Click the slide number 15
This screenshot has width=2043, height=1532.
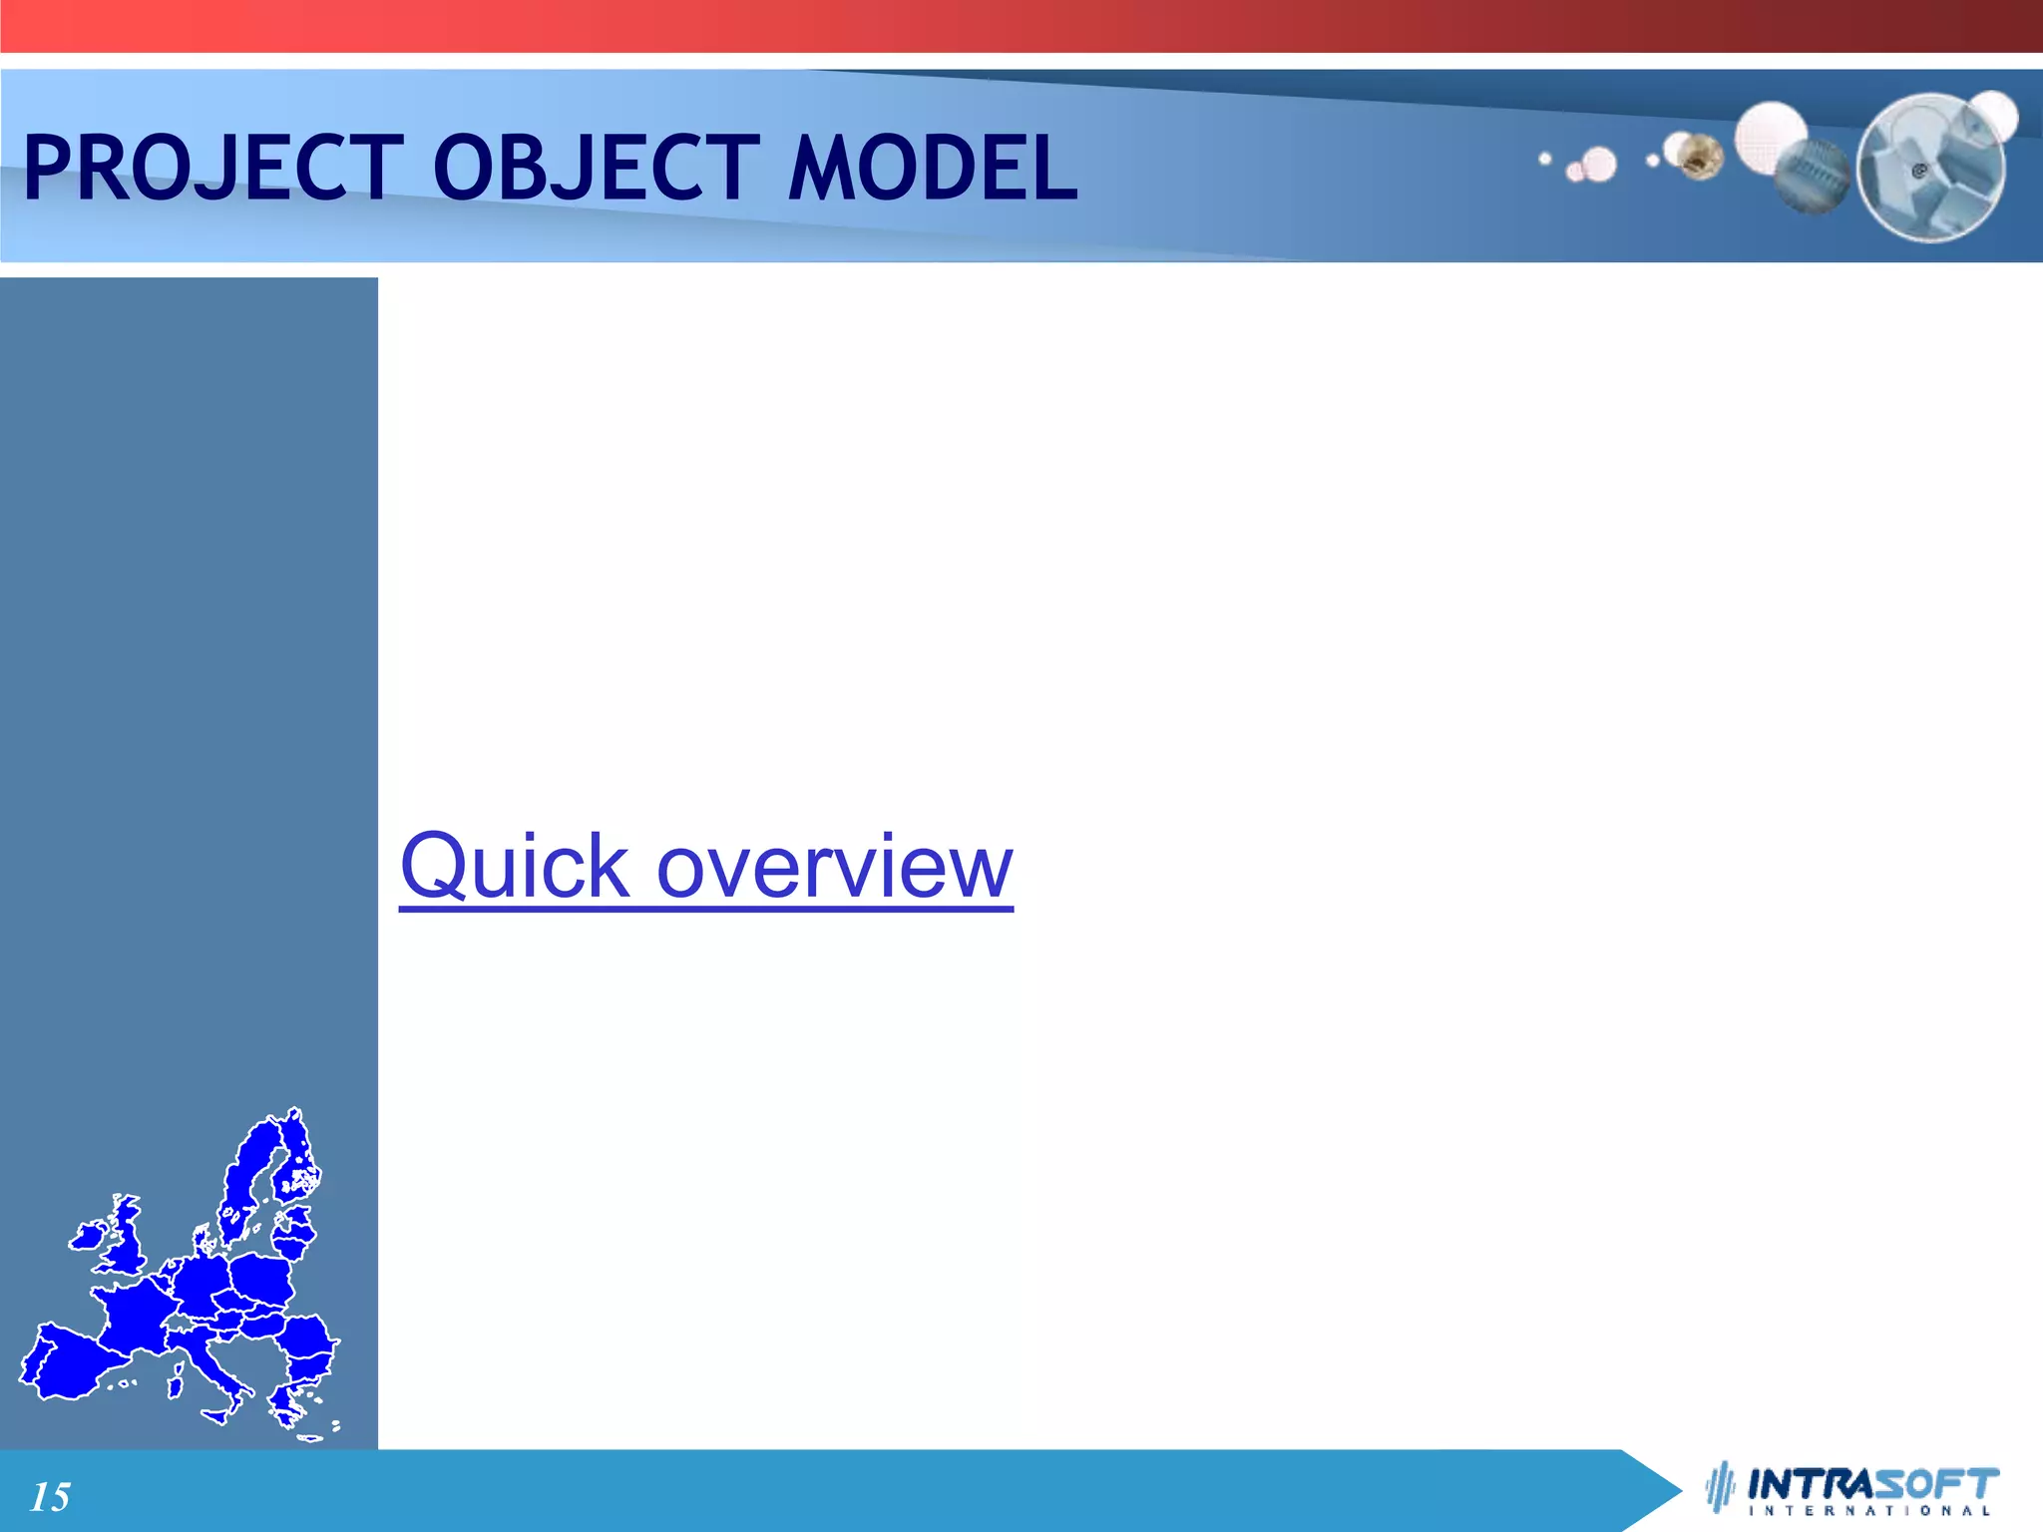click(x=50, y=1497)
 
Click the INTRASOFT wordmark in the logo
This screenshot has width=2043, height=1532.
click(x=1873, y=1483)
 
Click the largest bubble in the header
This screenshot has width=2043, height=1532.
click(x=1930, y=168)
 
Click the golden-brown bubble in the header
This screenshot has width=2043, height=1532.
click(x=1701, y=157)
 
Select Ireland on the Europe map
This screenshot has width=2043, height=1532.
click(x=88, y=1237)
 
